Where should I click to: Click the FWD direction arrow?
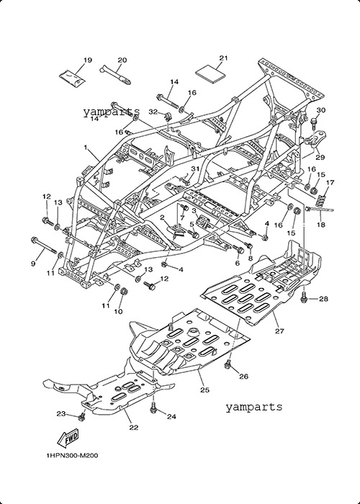click(x=68, y=438)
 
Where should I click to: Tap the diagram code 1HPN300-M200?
click(x=72, y=455)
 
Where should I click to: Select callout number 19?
click(x=88, y=60)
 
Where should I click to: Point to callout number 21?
click(x=223, y=58)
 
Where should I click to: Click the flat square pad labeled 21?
click(x=211, y=76)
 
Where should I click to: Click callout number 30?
click(x=321, y=110)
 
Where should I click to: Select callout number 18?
click(x=321, y=225)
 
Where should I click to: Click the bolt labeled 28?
click(x=304, y=298)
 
